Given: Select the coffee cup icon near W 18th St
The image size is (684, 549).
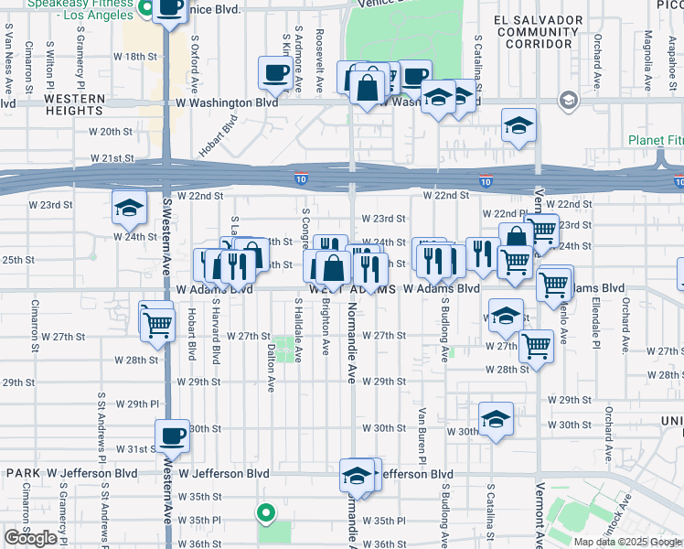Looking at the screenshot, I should tap(275, 73).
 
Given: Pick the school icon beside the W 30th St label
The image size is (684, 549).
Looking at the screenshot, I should tap(495, 420).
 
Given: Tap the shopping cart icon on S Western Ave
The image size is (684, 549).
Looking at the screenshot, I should tap(157, 322).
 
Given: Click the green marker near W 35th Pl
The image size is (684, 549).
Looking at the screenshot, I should tap(266, 513).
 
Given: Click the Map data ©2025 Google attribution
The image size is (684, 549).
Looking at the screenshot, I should tap(627, 542).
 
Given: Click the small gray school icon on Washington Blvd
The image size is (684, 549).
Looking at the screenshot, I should tap(569, 99).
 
